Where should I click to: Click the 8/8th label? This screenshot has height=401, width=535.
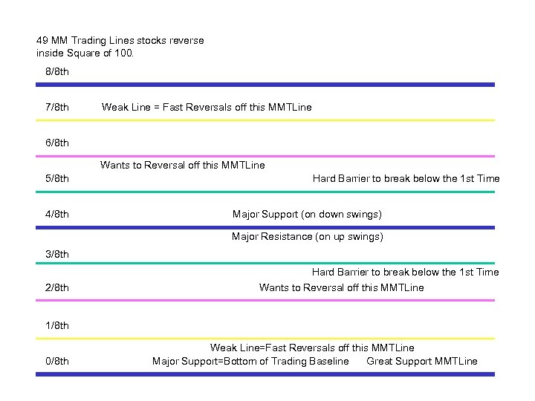(x=57, y=72)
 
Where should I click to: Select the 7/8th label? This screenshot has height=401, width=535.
(x=57, y=108)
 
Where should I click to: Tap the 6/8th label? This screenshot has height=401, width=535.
(x=57, y=143)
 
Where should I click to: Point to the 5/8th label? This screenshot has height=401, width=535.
(x=57, y=179)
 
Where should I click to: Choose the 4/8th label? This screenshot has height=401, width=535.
(x=57, y=215)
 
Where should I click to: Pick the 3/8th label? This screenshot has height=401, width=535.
(x=57, y=255)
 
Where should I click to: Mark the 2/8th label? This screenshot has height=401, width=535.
(x=57, y=288)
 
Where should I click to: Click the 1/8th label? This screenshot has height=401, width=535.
(x=57, y=326)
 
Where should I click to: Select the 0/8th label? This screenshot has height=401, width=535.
(x=57, y=362)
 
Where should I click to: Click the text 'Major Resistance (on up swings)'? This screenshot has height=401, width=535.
(x=307, y=237)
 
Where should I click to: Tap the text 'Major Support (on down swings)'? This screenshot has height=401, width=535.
(x=307, y=215)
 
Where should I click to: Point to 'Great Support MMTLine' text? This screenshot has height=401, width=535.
(x=422, y=362)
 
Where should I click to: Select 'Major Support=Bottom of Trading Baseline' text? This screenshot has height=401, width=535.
(x=250, y=362)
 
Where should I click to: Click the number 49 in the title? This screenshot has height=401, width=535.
(x=42, y=41)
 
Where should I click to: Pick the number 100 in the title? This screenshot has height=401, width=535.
(x=124, y=53)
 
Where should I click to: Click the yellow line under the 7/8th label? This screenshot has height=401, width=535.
(x=265, y=120)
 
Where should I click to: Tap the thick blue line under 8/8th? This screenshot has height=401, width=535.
(x=265, y=85)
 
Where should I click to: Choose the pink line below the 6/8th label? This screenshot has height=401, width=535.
(x=265, y=156)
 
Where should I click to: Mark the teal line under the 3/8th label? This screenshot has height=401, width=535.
(x=265, y=263)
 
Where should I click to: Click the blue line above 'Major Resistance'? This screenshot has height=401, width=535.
(x=265, y=227)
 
